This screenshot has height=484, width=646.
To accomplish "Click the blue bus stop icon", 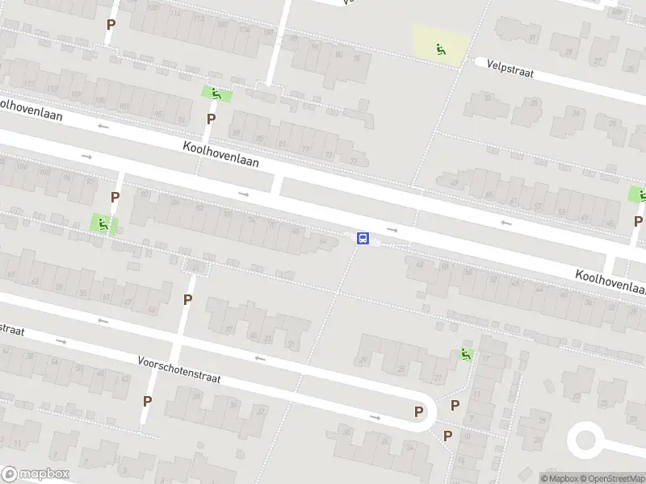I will (363, 238).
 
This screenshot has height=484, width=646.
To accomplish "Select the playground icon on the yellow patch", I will (441, 49).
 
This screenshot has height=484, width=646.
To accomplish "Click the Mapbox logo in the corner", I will (35, 474).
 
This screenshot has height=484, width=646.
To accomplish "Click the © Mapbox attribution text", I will (559, 478).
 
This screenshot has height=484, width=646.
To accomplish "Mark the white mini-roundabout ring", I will (586, 440).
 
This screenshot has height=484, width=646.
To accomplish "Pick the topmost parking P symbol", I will (111, 24).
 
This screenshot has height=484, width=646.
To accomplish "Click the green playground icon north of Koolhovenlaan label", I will (216, 94).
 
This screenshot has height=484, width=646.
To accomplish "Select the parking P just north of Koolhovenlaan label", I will (212, 119).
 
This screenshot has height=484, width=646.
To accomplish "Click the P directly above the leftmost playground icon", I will (115, 197).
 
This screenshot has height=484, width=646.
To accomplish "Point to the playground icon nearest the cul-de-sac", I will (466, 353).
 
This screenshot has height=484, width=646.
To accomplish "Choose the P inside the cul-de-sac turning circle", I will (418, 411).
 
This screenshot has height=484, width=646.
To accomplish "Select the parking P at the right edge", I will (638, 221).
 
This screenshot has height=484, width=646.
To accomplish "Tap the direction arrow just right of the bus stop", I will (392, 230).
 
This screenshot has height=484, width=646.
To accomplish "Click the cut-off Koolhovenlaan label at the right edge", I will (610, 282).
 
